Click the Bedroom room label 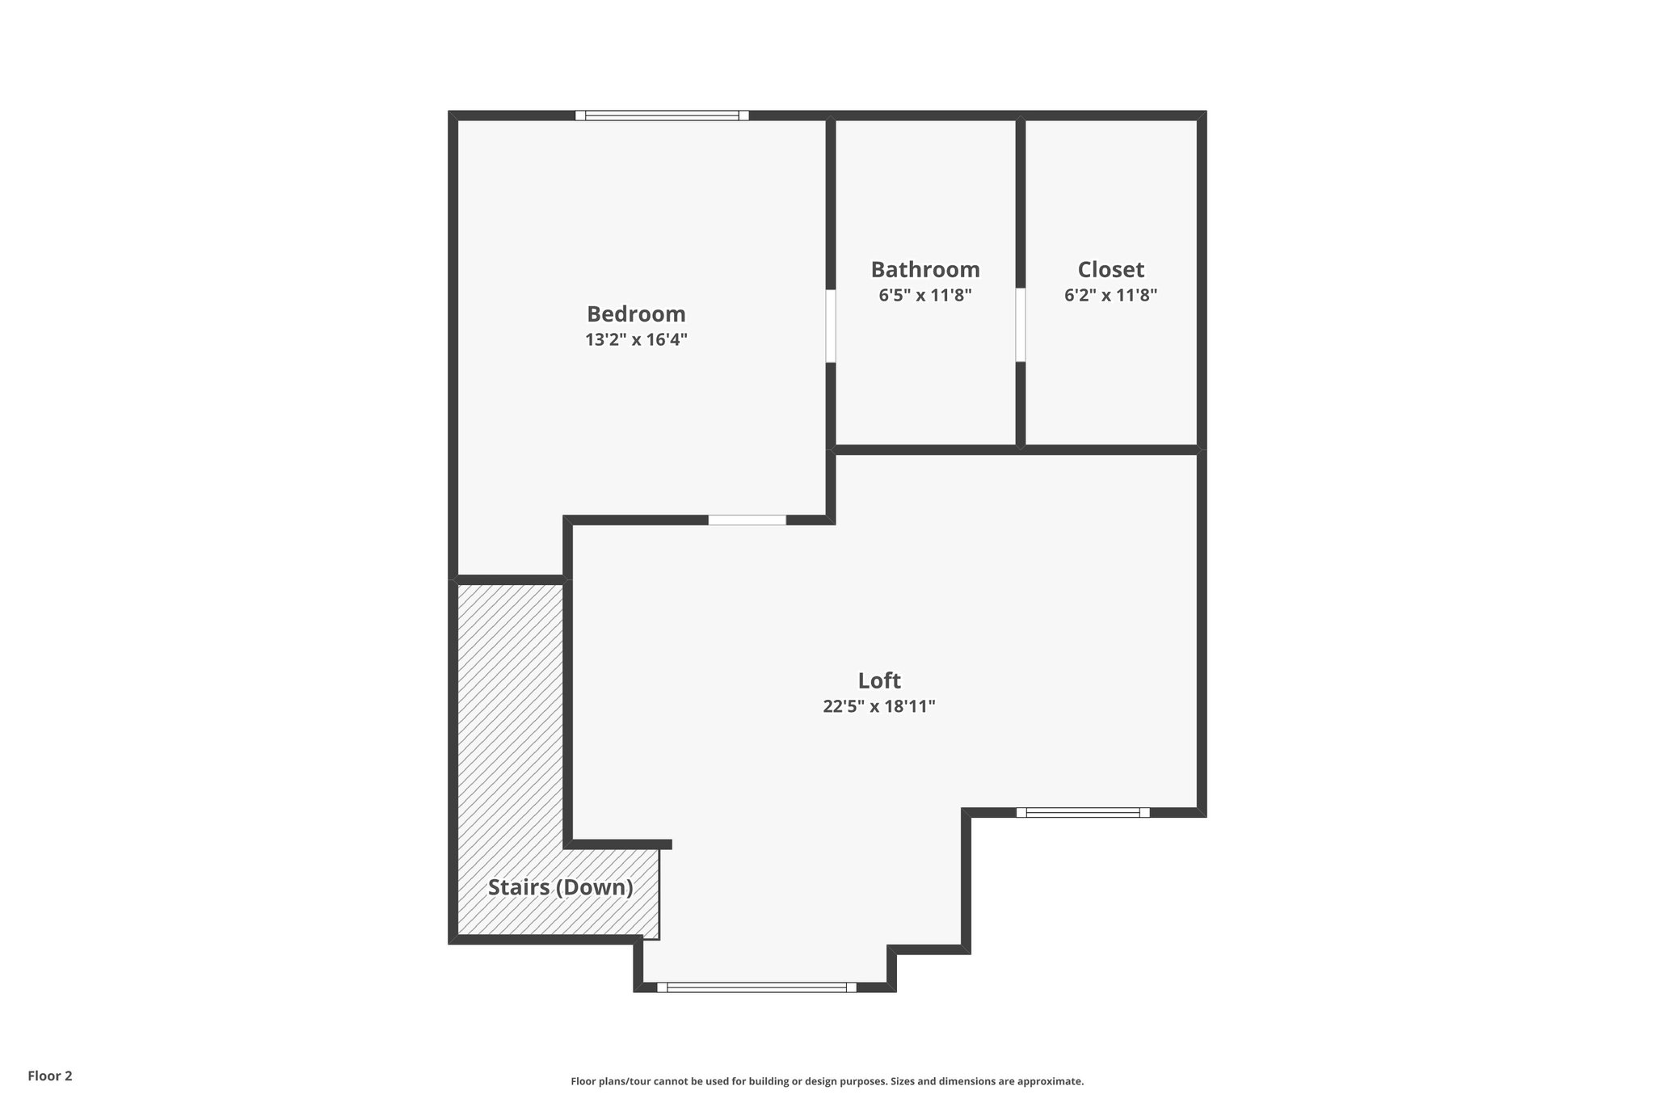tap(636, 314)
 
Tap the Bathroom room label tap(925, 269)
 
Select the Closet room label tap(1111, 269)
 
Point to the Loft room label tap(879, 680)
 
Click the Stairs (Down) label tap(560, 887)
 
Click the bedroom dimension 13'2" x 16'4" tap(636, 339)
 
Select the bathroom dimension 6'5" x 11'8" tap(925, 295)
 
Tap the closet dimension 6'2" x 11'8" tap(1111, 295)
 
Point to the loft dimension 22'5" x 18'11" tap(879, 706)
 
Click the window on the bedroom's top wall tap(662, 116)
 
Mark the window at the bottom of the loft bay tap(756, 987)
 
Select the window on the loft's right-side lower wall tap(1083, 812)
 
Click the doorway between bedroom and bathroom tap(831, 326)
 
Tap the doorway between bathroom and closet tap(1021, 325)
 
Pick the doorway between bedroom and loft tap(747, 520)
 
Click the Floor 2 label tap(50, 1076)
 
